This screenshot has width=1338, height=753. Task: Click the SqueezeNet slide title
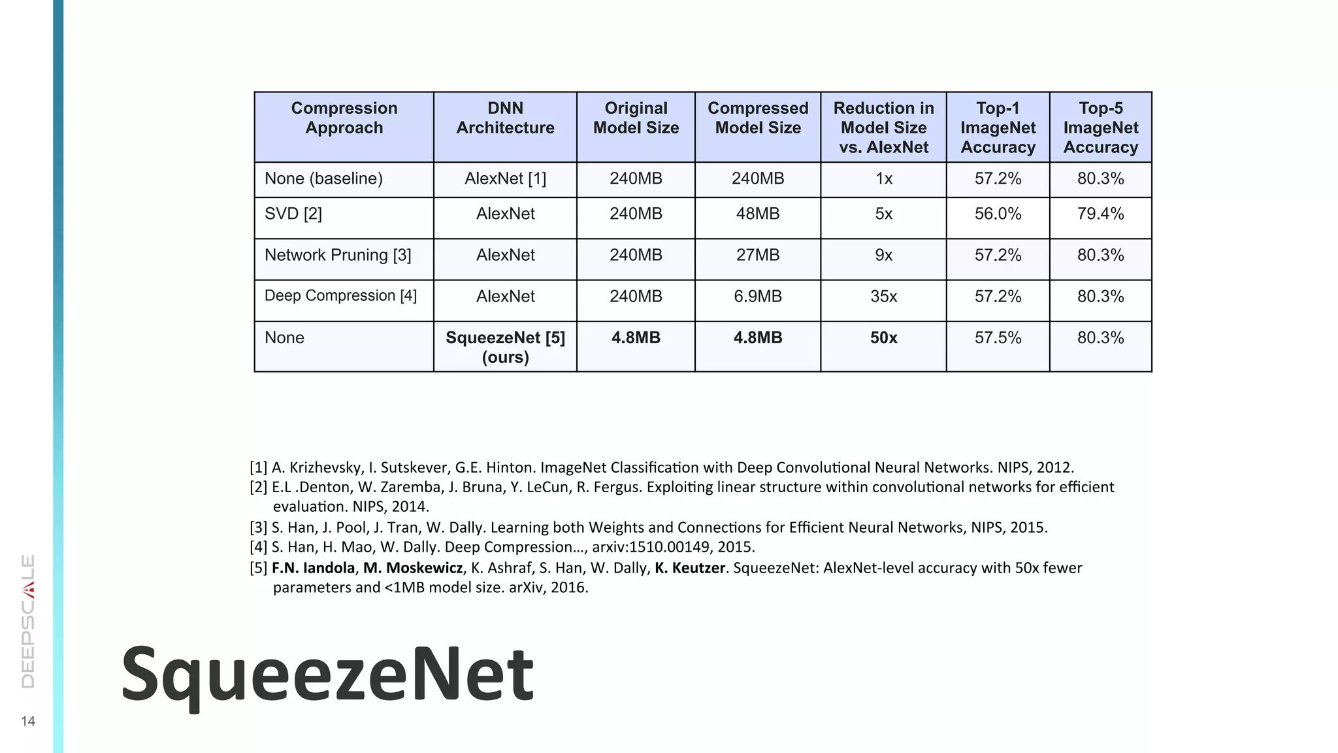tap(327, 674)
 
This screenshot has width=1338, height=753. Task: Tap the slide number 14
tap(28, 721)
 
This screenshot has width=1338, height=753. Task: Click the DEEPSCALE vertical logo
tap(28, 621)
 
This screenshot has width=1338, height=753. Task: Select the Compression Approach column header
tap(344, 118)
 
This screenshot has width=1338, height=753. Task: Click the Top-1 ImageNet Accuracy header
tap(998, 127)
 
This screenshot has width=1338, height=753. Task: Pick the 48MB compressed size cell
tap(757, 214)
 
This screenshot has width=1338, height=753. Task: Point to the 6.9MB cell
tap(757, 296)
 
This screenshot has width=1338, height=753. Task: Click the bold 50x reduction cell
tap(883, 338)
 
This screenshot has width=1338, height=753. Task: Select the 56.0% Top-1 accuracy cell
tap(998, 214)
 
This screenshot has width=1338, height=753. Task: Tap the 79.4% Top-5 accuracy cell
tap(1100, 214)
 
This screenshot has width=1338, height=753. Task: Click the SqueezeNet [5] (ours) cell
tap(505, 347)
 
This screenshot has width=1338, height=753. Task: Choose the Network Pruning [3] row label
tap(338, 255)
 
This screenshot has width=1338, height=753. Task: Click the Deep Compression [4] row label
tap(340, 295)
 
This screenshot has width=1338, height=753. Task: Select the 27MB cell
tap(757, 255)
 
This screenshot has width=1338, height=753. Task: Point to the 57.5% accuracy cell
tap(998, 338)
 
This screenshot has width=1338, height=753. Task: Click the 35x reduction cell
tap(883, 296)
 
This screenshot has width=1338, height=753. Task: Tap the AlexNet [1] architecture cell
tap(505, 178)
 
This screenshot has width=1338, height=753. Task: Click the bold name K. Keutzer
tap(690, 567)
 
